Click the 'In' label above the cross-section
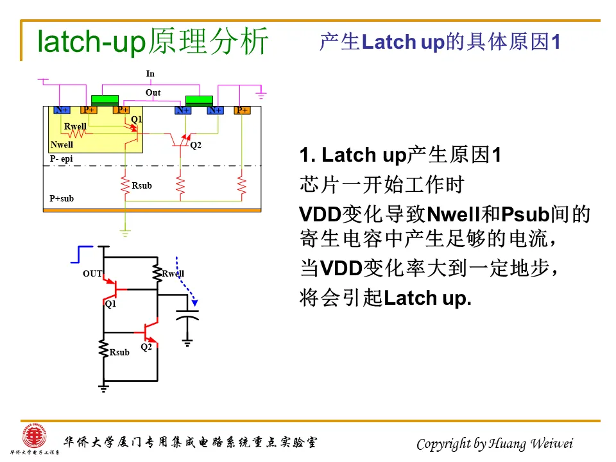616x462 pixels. [150, 74]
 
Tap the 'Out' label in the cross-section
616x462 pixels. [153, 93]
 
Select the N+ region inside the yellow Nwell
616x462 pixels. [62, 110]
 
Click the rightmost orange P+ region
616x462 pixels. [242, 110]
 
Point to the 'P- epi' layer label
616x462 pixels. [62, 158]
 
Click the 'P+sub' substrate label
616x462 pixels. [62, 198]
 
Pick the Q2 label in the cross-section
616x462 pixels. [196, 146]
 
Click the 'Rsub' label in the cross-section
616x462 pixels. [142, 186]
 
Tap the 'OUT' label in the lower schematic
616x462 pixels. [92, 274]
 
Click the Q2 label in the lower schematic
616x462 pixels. [146, 347]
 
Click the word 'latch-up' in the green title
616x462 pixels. [92, 42]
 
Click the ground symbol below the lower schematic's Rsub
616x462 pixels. [103, 387]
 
